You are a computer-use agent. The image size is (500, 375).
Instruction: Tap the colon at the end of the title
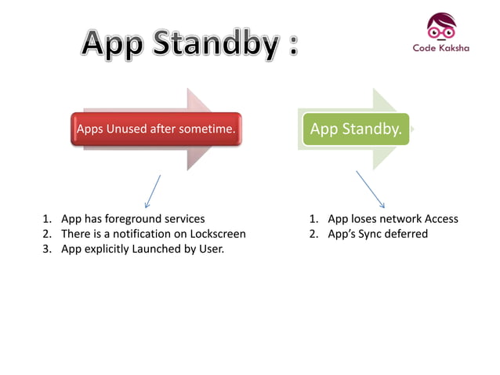(x=292, y=47)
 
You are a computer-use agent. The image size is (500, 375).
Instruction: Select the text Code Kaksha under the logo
(x=441, y=48)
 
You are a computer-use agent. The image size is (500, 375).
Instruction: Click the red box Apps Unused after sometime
(x=155, y=129)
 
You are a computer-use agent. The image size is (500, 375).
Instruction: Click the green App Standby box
(x=356, y=129)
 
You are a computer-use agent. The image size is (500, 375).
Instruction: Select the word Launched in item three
(x=155, y=249)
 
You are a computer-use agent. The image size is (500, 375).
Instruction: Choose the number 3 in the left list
(x=46, y=249)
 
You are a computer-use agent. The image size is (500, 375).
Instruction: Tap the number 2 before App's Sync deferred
(x=313, y=234)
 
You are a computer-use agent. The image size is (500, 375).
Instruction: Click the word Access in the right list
(x=440, y=219)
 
